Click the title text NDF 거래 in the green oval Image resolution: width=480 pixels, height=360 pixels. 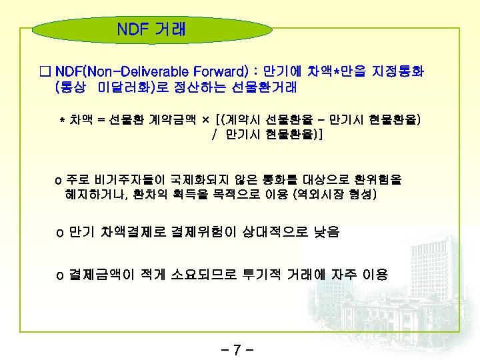tap(151, 30)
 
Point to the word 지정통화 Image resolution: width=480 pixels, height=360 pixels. tap(398, 70)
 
